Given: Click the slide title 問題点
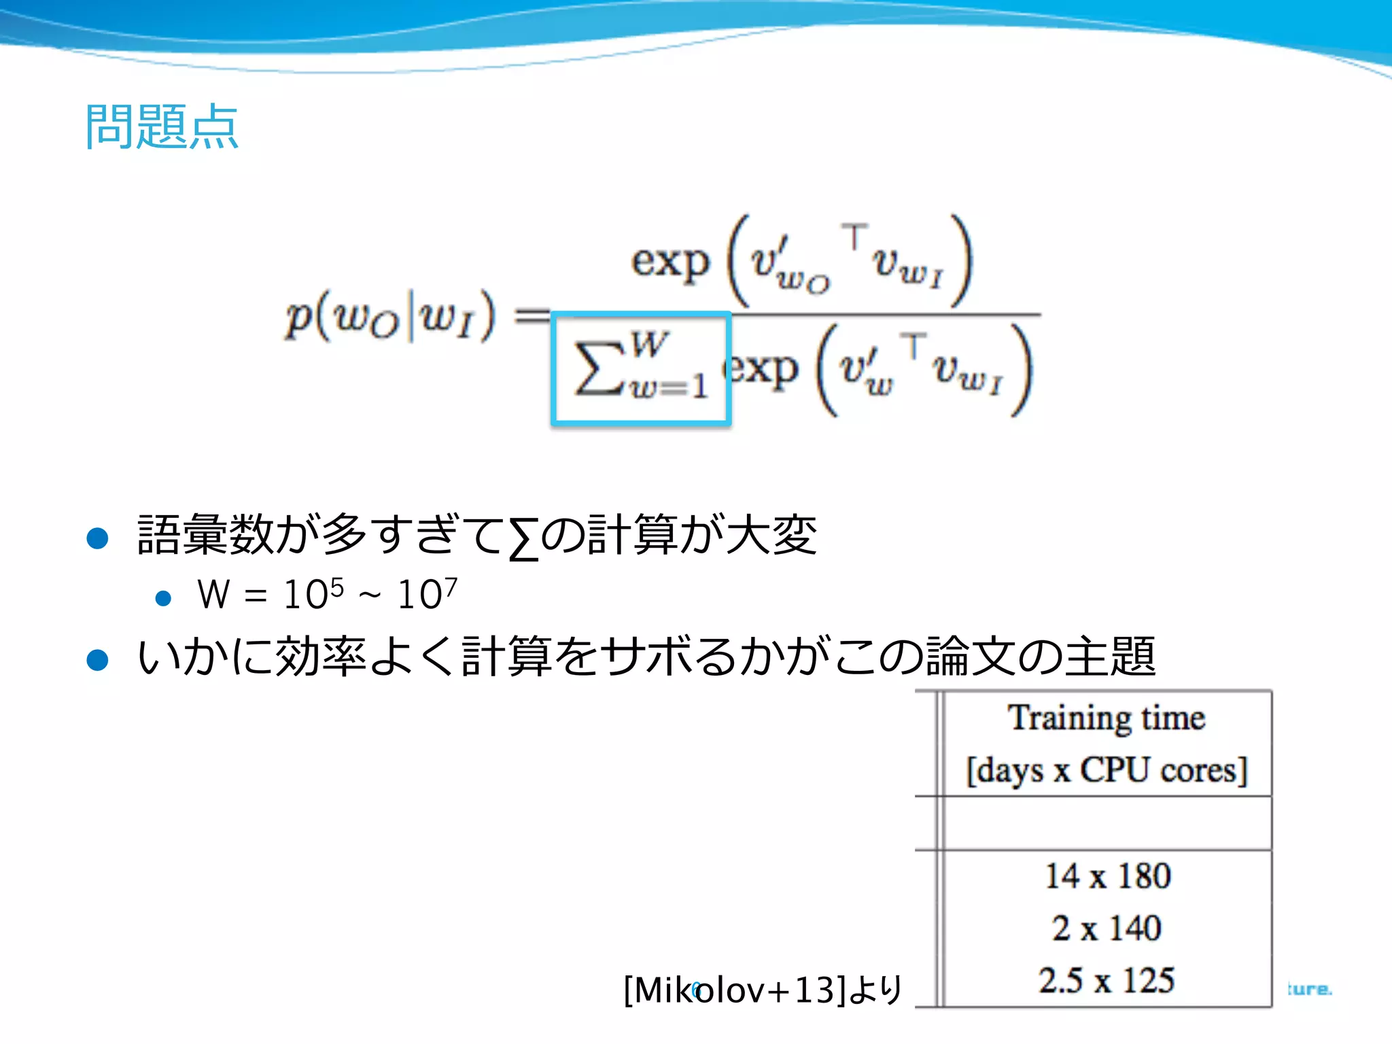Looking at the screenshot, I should point(162,127).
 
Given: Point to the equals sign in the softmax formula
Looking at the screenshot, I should point(530,315).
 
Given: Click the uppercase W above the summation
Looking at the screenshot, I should point(649,344).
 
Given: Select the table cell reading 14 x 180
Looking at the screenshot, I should point(1107,876).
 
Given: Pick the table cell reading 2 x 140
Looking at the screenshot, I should point(1107,928).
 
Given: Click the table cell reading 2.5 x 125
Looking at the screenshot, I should point(1107,980).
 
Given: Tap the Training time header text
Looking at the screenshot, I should point(1107,718).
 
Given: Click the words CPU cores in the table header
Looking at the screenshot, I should point(1163,771).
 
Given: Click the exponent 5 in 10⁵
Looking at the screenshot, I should point(336,587).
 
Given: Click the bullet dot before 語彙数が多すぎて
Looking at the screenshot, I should point(98,538).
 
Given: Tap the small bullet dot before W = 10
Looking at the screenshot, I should point(163,598).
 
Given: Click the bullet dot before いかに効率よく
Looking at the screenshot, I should point(98,660).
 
